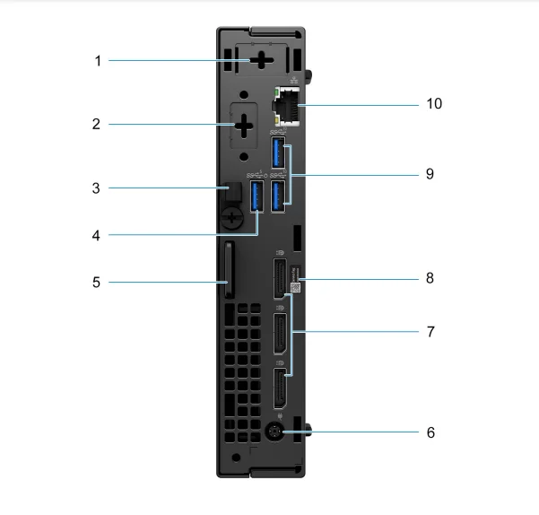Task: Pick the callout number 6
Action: pos(430,432)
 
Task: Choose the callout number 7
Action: pos(430,331)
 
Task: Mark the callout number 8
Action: pos(430,278)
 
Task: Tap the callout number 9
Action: pos(430,173)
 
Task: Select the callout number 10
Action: pos(434,104)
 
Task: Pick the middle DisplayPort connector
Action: pos(279,333)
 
